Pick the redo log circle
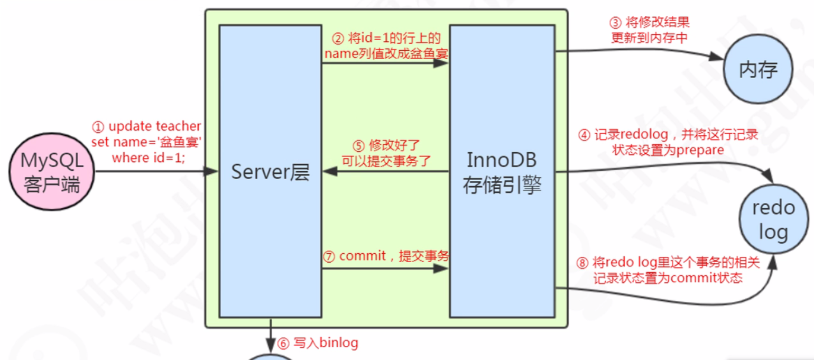(x=773, y=219)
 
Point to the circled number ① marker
(x=98, y=127)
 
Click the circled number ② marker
(x=338, y=39)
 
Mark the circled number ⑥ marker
(x=284, y=344)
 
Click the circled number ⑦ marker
(x=329, y=257)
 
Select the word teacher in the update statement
(x=178, y=127)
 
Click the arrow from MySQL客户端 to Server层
(x=159, y=171)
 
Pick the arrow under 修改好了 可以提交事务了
(x=386, y=171)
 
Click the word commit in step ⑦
(x=363, y=256)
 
